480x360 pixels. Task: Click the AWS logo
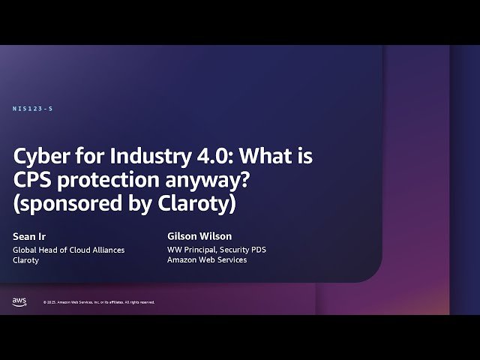coord(19,301)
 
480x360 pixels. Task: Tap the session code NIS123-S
coord(33,109)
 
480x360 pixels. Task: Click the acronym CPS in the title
coord(34,181)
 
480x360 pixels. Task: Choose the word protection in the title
coord(112,181)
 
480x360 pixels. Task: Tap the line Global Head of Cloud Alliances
coord(69,249)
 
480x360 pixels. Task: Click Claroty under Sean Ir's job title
coord(28,260)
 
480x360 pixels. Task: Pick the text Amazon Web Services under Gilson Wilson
coord(206,260)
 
